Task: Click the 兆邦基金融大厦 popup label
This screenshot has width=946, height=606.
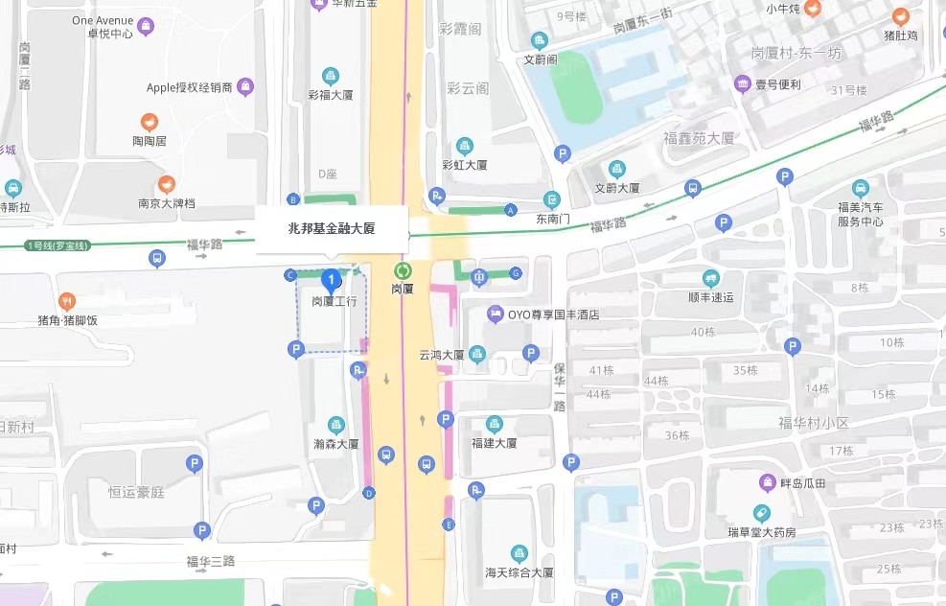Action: tap(332, 228)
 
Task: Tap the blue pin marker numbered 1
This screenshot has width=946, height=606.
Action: tap(332, 281)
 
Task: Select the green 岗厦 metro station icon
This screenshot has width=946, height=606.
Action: tap(403, 271)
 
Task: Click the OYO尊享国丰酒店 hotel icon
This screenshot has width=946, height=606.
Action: tap(495, 314)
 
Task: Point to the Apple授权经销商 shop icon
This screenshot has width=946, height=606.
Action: tap(245, 87)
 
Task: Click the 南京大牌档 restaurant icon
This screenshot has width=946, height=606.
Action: tap(167, 185)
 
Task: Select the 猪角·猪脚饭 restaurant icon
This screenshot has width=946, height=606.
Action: tap(66, 302)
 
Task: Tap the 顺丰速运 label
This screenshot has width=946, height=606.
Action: tap(710, 297)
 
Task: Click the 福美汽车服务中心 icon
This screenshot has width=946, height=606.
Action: tap(860, 188)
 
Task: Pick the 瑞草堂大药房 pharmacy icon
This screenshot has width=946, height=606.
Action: tap(762, 514)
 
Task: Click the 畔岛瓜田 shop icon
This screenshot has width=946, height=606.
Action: tap(767, 482)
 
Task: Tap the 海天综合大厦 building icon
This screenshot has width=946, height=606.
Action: tap(519, 553)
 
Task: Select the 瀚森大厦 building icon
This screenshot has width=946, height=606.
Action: tap(335, 425)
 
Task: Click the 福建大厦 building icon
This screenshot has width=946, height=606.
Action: tap(494, 424)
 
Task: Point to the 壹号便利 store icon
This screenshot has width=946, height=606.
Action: tap(742, 84)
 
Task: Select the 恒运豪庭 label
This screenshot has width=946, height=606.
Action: tap(136, 492)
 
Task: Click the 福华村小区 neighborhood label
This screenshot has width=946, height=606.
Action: tap(815, 423)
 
